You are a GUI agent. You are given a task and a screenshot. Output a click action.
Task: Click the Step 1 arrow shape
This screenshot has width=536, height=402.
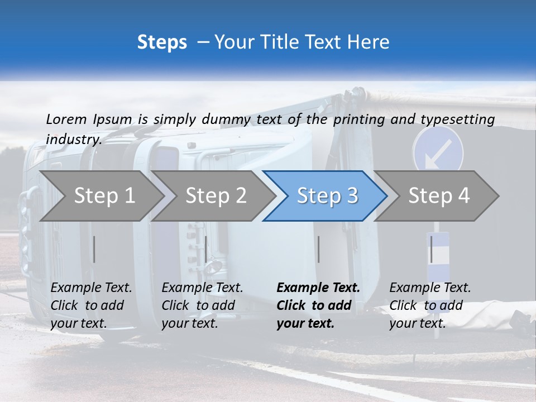tap(103, 195)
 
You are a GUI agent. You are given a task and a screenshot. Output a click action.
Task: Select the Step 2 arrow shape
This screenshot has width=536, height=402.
tap(216, 195)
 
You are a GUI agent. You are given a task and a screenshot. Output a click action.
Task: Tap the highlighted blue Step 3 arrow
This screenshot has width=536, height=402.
tap(327, 195)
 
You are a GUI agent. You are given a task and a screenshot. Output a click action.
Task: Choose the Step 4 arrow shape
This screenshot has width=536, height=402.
tap(439, 195)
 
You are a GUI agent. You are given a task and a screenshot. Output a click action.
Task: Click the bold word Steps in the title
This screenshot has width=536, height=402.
tap(162, 42)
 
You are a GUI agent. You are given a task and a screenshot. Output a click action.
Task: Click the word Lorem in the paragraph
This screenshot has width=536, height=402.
tap(66, 119)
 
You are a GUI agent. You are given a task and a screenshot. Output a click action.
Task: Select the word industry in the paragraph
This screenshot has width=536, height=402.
tap(73, 140)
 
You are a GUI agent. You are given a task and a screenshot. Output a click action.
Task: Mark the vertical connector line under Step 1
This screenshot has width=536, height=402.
tap(94, 249)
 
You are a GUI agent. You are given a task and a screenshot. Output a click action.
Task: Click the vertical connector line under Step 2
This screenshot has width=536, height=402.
tap(206, 249)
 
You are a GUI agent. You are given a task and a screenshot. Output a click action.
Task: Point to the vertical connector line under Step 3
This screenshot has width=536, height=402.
tap(318, 249)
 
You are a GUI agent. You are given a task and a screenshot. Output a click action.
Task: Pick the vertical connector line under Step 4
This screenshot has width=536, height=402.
tap(431, 249)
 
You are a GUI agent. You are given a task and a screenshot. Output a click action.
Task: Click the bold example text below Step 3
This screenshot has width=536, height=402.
tap(318, 305)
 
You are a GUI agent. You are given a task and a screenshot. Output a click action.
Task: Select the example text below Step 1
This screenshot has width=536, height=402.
tap(91, 305)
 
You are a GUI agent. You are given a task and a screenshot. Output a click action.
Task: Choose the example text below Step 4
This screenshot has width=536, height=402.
tap(430, 305)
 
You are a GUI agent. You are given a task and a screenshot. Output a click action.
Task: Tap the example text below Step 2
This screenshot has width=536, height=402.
tap(202, 305)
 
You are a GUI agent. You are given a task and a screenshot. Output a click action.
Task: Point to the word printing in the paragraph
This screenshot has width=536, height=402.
tap(360, 119)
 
